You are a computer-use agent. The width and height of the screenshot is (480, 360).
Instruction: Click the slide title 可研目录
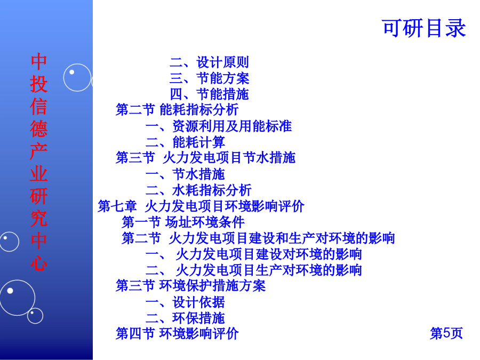pyautogui.click(x=424, y=28)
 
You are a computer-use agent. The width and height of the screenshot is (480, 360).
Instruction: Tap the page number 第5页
pyautogui.click(x=446, y=333)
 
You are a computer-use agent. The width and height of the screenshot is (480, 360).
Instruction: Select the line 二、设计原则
pyautogui.click(x=210, y=62)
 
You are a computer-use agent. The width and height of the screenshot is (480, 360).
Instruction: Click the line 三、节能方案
pyautogui.click(x=210, y=78)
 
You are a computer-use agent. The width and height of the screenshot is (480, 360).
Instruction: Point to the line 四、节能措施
pyautogui.click(x=210, y=94)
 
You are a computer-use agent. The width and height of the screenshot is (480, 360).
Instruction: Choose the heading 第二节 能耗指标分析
pyautogui.click(x=177, y=109)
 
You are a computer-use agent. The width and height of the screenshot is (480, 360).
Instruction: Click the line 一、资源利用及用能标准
pyautogui.click(x=219, y=126)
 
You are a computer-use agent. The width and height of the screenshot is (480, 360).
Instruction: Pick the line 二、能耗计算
pyautogui.click(x=185, y=142)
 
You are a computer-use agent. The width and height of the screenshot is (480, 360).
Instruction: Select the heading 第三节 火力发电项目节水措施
pyautogui.click(x=205, y=158)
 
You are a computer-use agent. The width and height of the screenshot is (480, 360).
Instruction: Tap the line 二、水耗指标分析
pyautogui.click(x=198, y=190)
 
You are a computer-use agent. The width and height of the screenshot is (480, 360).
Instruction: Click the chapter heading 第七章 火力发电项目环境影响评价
pyautogui.click(x=201, y=206)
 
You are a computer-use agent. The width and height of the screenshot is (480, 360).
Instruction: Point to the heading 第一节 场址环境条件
pyautogui.click(x=183, y=222)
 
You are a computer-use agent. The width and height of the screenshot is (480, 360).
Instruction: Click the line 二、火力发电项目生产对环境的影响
pyautogui.click(x=254, y=270)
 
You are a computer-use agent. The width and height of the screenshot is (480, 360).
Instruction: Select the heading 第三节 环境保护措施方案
pyautogui.click(x=190, y=286)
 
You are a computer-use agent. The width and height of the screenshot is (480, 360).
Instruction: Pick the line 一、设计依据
pyautogui.click(x=185, y=302)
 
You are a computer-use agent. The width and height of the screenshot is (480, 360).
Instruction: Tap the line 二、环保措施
pyautogui.click(x=185, y=318)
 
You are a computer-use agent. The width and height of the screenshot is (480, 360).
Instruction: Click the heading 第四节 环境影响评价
pyautogui.click(x=177, y=333)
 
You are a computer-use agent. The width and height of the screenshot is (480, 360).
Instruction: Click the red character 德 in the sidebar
pyautogui.click(x=38, y=129)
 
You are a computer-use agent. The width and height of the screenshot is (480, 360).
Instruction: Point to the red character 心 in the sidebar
pyautogui.click(x=38, y=262)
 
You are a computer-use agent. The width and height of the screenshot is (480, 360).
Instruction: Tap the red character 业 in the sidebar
pyautogui.click(x=38, y=173)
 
